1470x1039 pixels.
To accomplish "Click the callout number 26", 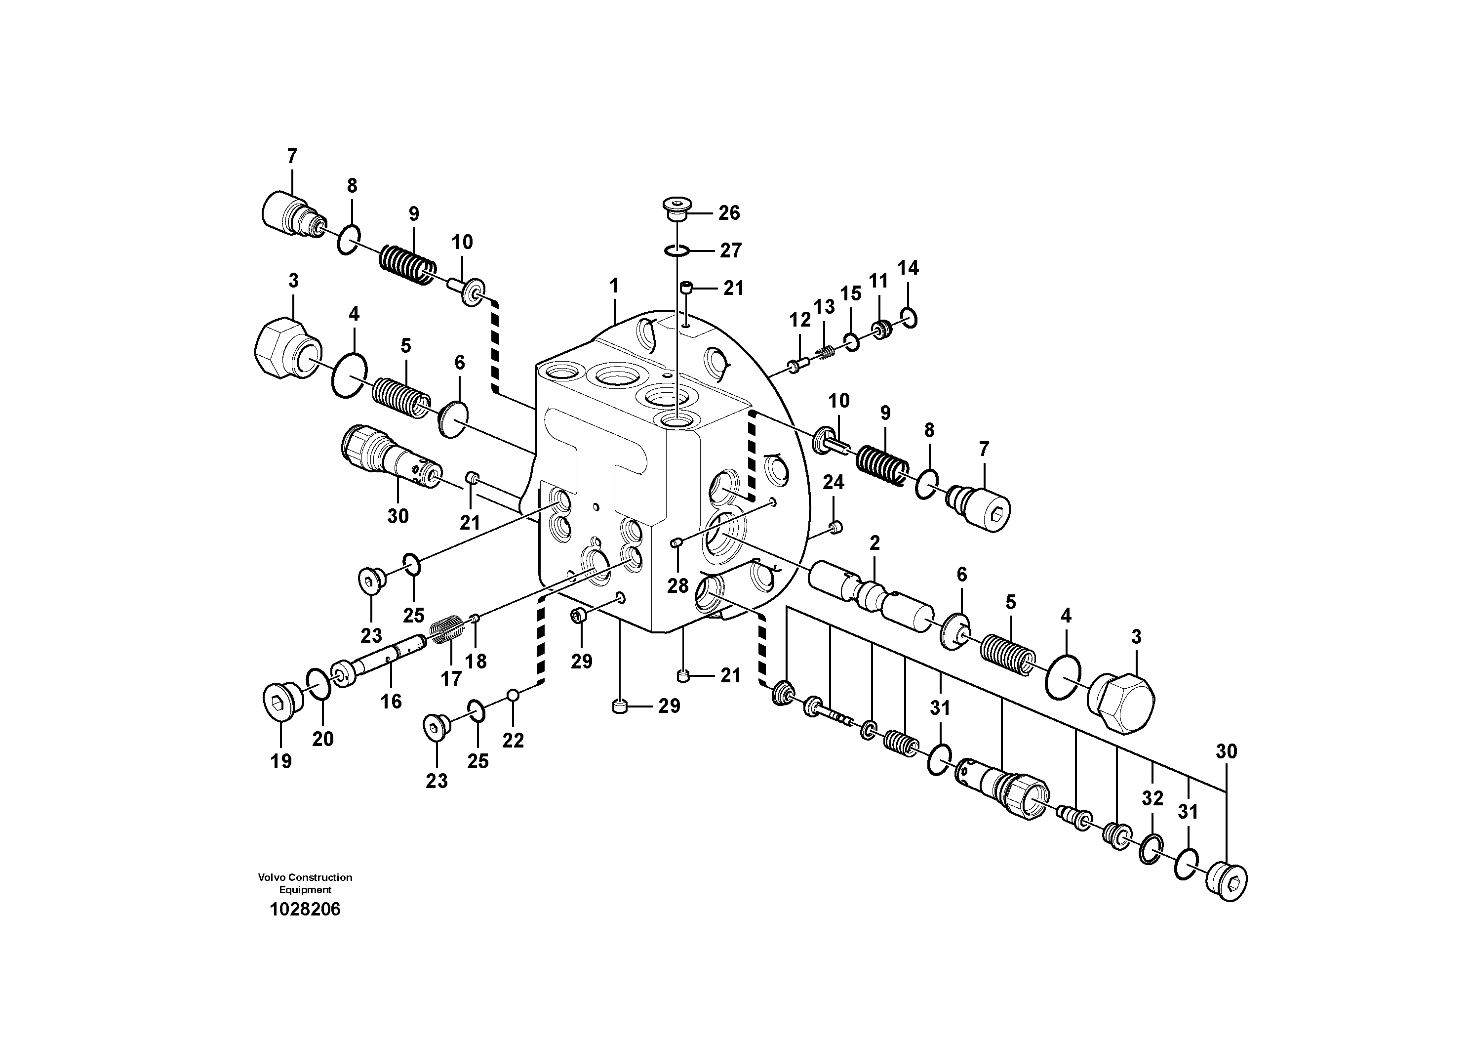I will pyautogui.click(x=729, y=212).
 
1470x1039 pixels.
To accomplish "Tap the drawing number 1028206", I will pyautogui.click(x=305, y=909).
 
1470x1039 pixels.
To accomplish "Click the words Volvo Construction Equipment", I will pyautogui.click(x=305, y=883).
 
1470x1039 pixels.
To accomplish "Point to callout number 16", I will pyautogui.click(x=391, y=702).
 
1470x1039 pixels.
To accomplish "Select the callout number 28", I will pyautogui.click(x=677, y=585).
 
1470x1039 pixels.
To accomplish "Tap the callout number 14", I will pyautogui.click(x=908, y=268).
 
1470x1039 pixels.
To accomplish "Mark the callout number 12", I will pyautogui.click(x=799, y=319).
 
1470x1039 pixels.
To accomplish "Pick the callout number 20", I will pyautogui.click(x=322, y=739).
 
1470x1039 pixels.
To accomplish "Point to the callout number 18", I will pyautogui.click(x=476, y=661).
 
